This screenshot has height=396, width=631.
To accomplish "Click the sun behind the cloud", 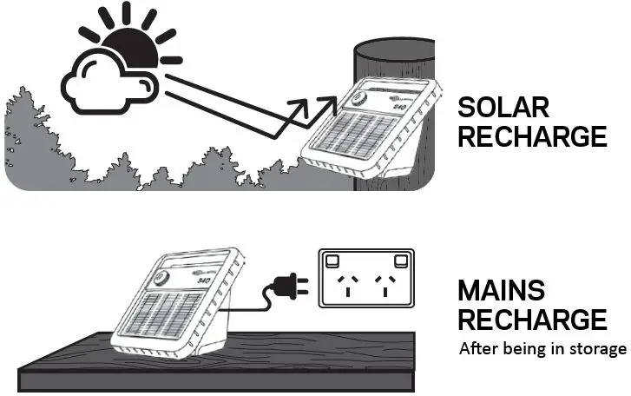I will (x=130, y=43).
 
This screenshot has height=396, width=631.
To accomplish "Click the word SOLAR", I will (x=503, y=108).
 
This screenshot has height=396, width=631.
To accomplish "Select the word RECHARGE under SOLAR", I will (x=531, y=136).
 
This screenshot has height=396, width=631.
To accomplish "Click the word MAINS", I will (x=503, y=290).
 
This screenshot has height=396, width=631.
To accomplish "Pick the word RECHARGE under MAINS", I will (x=531, y=319).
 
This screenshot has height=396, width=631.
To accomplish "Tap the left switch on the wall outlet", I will (x=331, y=259).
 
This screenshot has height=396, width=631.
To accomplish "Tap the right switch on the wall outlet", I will (x=402, y=259).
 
